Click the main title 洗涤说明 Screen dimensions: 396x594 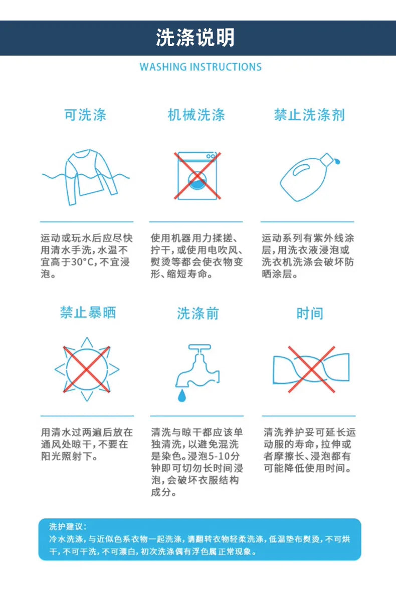(195, 38)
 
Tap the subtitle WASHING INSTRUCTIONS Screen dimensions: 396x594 (201, 67)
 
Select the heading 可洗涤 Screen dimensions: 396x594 (85, 115)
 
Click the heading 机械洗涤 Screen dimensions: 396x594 (196, 115)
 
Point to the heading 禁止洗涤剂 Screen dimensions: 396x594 (309, 115)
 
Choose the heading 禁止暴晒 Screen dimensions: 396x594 (88, 313)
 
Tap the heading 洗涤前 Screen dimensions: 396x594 (197, 314)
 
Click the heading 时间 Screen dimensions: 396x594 (310, 314)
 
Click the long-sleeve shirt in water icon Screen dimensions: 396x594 (87, 177)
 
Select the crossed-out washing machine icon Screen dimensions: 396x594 (197, 176)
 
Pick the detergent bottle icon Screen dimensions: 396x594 (310, 176)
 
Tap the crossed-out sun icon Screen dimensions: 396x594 (87, 369)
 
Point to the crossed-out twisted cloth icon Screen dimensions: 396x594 (311, 369)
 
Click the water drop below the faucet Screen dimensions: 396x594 (182, 396)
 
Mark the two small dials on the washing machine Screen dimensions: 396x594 (211, 156)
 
